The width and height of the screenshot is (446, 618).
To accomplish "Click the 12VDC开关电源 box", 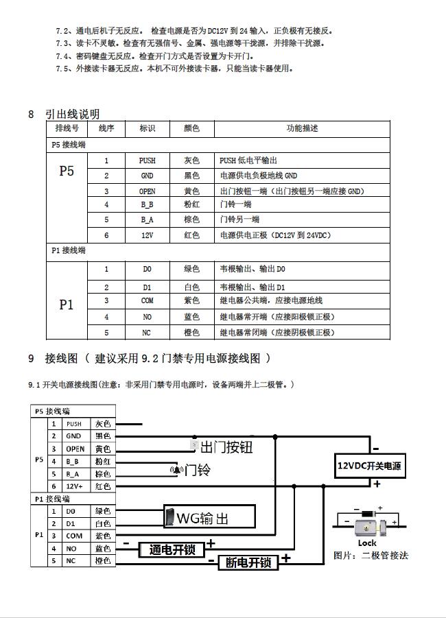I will (x=368, y=466).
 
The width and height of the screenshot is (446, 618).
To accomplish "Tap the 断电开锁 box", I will (x=248, y=563).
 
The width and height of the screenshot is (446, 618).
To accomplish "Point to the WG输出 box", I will (x=209, y=516).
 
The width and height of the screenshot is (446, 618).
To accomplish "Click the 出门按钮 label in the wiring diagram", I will (x=226, y=448).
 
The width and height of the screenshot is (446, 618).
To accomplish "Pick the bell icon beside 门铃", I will (x=178, y=471).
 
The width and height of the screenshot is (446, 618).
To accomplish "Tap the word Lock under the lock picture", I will (x=367, y=543).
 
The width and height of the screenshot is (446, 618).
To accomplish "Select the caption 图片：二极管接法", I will (x=371, y=555).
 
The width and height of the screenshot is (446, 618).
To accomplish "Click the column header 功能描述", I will (x=302, y=128).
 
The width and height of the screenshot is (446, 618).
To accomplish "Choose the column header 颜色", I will (x=191, y=128).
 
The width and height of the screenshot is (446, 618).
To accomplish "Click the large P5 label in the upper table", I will (x=67, y=171).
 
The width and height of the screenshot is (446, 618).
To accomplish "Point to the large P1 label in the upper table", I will (x=67, y=305).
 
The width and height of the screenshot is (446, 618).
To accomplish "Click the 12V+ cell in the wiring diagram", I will (x=73, y=486).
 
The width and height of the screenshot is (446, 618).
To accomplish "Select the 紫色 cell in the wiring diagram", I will (x=103, y=536).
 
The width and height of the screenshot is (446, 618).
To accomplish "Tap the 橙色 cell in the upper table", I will (x=191, y=333).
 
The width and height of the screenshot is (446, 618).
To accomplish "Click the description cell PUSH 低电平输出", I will (x=248, y=161).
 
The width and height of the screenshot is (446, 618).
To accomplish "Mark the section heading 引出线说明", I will (x=72, y=114).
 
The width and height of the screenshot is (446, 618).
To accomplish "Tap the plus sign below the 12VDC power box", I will (x=377, y=484).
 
